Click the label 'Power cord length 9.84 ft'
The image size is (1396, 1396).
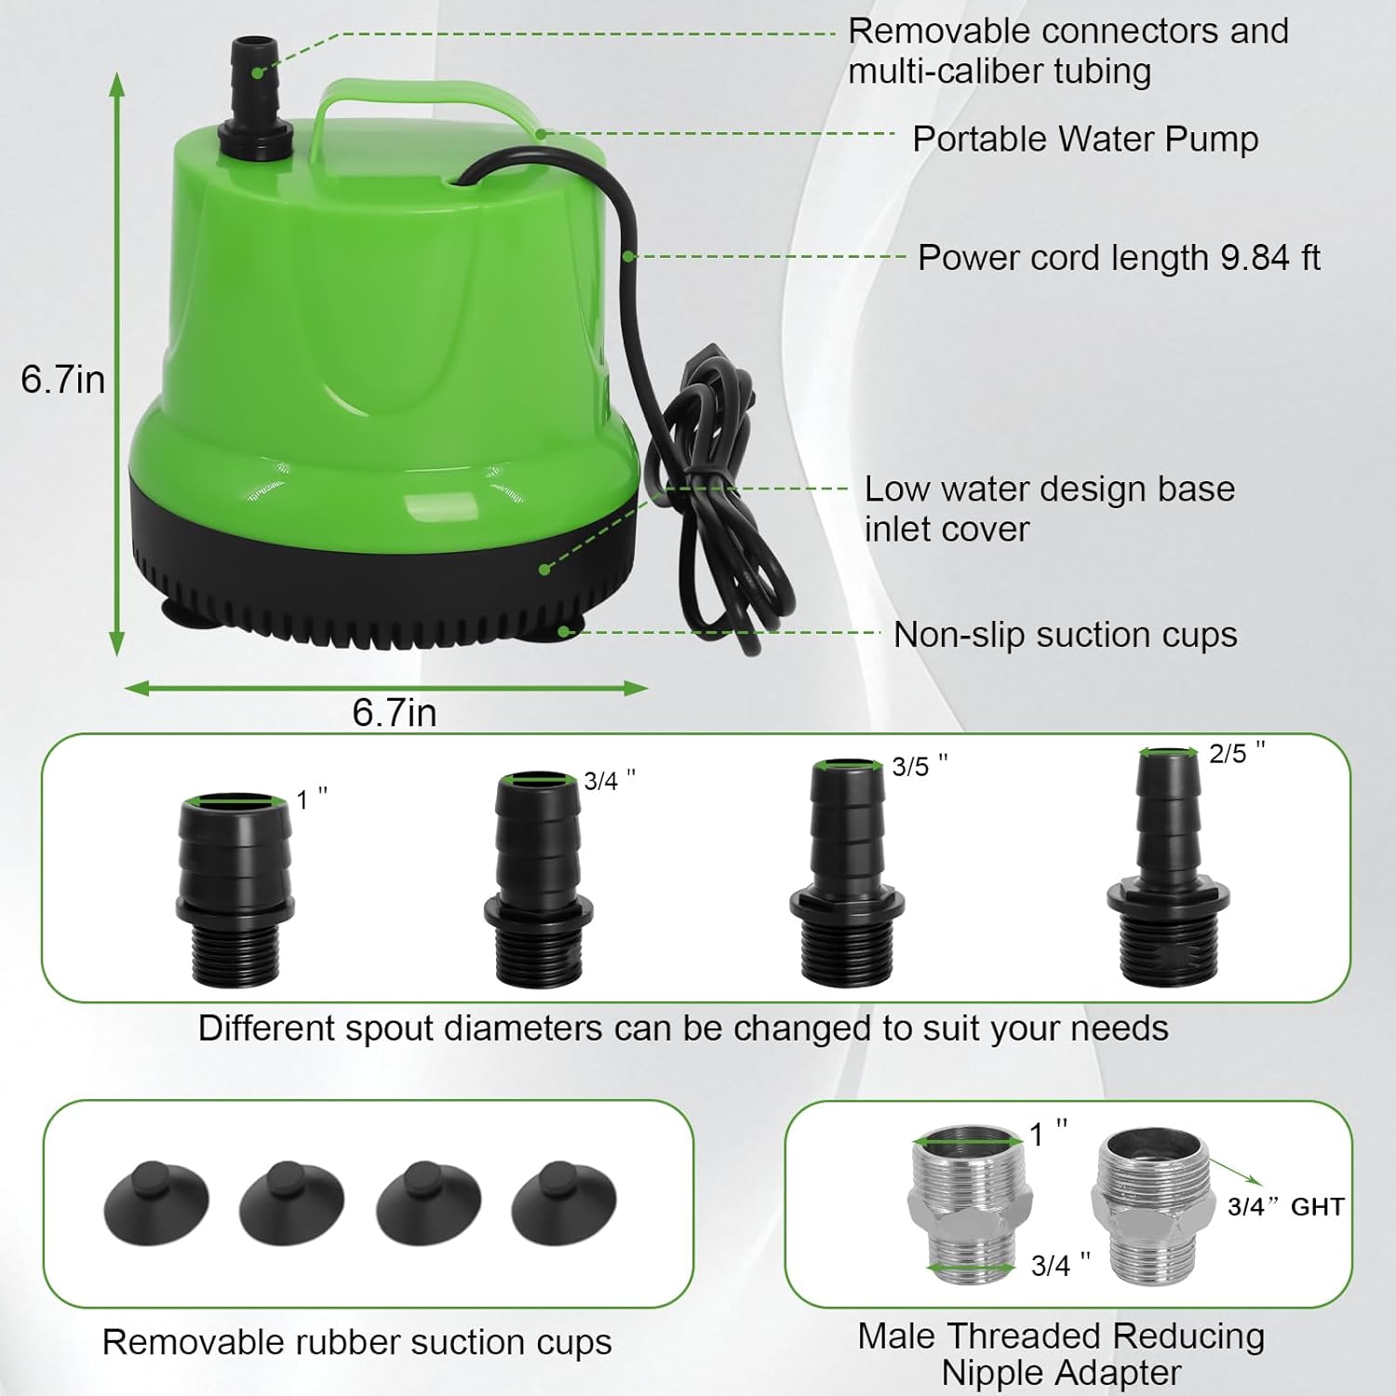tap(1118, 258)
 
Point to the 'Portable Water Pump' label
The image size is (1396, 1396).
tap(1084, 139)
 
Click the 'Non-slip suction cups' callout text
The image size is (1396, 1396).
tap(1065, 635)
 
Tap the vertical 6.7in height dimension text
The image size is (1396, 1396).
tap(62, 380)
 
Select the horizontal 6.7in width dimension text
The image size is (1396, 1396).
tap(394, 713)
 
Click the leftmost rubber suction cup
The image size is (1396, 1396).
tap(155, 1202)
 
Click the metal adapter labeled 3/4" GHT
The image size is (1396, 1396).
tap(1150, 1209)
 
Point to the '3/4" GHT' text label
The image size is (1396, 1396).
tap(1285, 1207)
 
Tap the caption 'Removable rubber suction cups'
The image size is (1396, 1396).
tap(356, 1342)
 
